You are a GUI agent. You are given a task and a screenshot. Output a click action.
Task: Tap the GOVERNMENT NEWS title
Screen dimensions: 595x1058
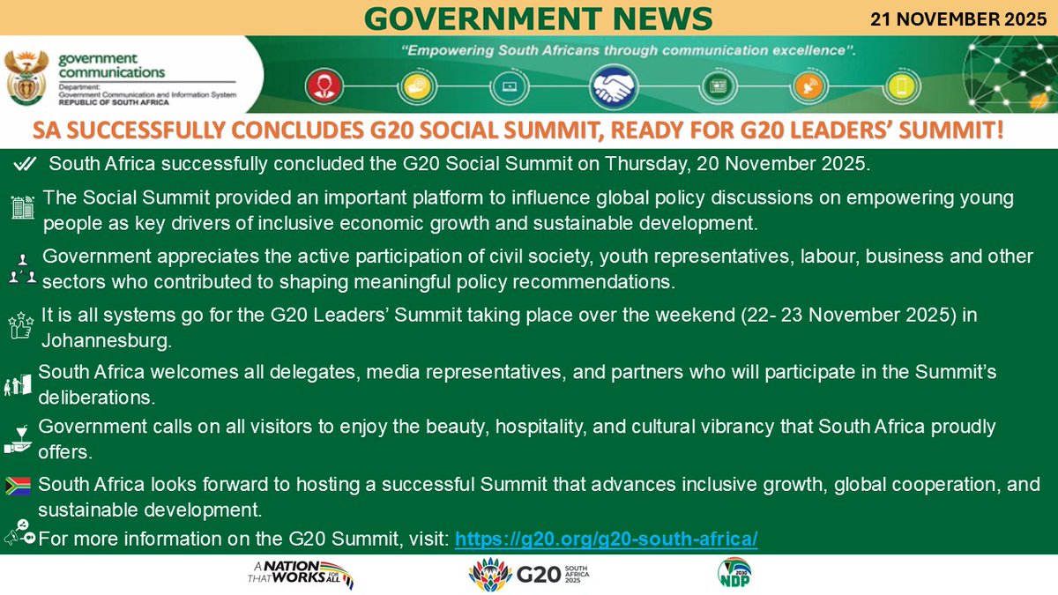[538, 17]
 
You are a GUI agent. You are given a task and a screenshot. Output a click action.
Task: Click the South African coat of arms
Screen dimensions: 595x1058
[23, 78]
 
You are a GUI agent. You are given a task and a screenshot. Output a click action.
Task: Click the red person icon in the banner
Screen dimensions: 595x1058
[319, 86]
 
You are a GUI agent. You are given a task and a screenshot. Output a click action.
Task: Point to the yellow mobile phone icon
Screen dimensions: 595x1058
[901, 86]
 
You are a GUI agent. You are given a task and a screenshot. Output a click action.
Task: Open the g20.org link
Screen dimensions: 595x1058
[607, 539]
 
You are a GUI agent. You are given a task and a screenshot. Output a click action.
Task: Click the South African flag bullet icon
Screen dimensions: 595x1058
[18, 485]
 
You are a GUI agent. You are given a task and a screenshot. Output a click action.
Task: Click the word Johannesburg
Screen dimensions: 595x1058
[106, 339]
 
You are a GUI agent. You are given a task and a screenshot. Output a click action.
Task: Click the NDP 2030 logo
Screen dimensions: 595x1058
[734, 573]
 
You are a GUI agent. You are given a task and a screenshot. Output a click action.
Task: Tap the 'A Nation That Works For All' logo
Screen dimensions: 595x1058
[301, 575]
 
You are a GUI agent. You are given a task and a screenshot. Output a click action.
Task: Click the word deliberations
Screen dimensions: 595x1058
[97, 397]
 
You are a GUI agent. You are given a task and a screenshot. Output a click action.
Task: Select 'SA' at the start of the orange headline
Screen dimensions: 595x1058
[50, 132]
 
